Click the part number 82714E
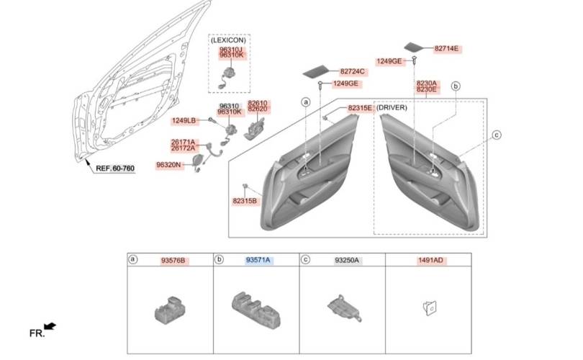tap(446, 49)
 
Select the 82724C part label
tap(352, 71)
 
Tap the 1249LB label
tap(184, 120)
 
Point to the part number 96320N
tap(168, 165)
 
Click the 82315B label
tap(245, 201)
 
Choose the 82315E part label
tap(360, 108)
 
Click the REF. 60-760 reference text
tap(115, 168)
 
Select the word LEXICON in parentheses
tap(228, 40)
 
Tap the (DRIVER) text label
tap(392, 107)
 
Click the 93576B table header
tap(173, 261)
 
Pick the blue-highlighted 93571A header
tap(258, 260)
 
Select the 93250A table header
tap(347, 261)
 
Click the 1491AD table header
tap(430, 260)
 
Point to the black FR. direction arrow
tap(50, 327)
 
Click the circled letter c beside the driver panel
tap(497, 135)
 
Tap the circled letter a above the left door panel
tap(306, 102)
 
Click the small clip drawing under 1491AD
tap(430, 308)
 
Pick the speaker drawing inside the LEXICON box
tap(226, 77)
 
